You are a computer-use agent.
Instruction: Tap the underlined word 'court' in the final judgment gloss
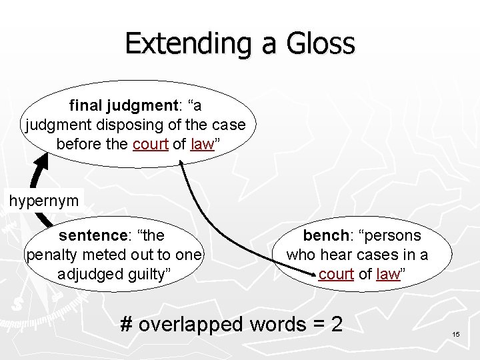pyautogui.click(x=150, y=144)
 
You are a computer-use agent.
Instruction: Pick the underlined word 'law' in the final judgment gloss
pyautogui.click(x=201, y=144)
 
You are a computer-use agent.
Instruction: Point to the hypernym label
pyautogui.click(x=43, y=200)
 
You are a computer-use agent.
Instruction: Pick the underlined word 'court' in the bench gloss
pyautogui.click(x=335, y=274)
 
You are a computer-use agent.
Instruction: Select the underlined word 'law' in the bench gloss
pyautogui.click(x=387, y=274)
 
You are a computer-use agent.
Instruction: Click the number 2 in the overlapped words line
pyautogui.click(x=336, y=324)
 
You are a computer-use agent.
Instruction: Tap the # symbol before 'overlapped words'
pyautogui.click(x=127, y=324)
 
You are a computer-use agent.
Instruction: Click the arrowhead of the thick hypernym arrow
pyautogui.click(x=41, y=161)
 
